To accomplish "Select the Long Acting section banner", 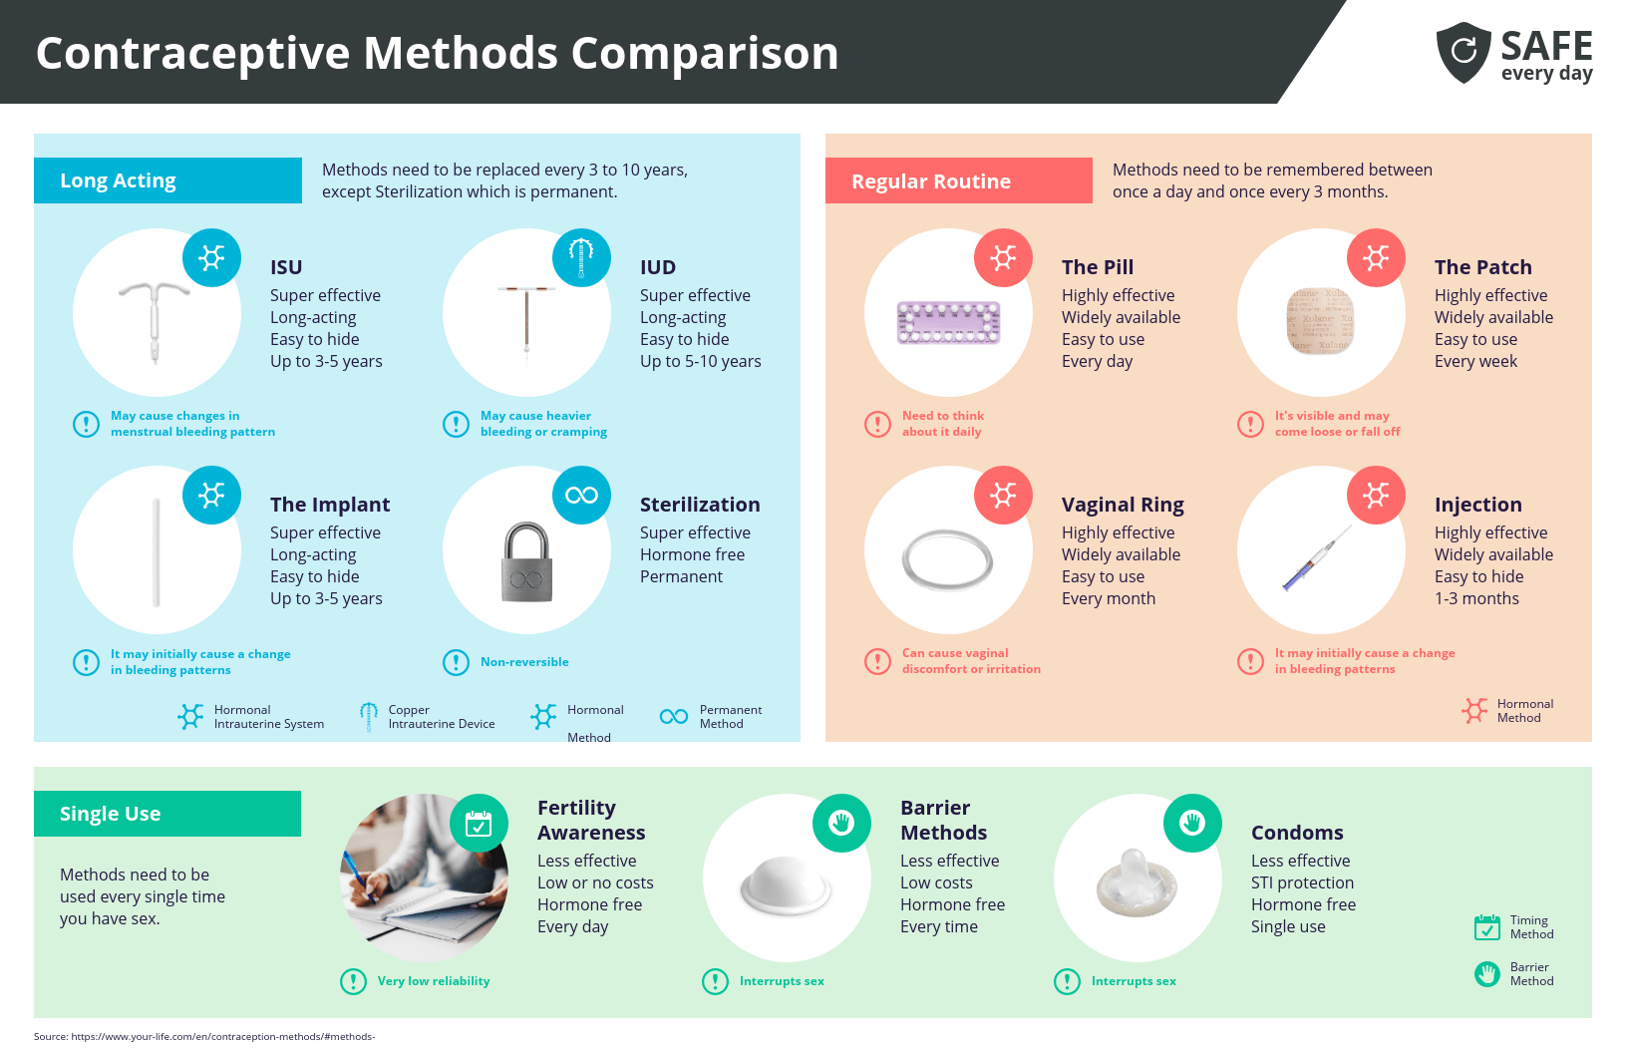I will (x=167, y=180).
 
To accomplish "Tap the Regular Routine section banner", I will (x=958, y=181).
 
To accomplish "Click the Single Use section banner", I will (x=166, y=814).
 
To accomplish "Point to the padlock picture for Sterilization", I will (x=526, y=562).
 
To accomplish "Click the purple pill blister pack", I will (x=948, y=323).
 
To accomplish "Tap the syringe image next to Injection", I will (x=1316, y=559).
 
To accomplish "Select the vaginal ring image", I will (x=947, y=560).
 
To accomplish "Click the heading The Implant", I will (x=330, y=505).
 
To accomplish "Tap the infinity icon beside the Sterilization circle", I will (x=581, y=496).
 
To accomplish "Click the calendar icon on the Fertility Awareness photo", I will (x=479, y=824).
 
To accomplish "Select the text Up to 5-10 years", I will (x=700, y=361).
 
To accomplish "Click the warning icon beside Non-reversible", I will (x=456, y=662).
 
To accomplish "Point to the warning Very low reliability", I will (x=433, y=981).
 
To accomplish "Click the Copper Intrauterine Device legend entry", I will (x=429, y=717).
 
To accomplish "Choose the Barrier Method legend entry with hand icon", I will (x=1514, y=974).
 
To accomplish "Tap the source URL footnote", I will (x=204, y=1036).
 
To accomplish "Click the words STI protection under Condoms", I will (x=1302, y=882).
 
